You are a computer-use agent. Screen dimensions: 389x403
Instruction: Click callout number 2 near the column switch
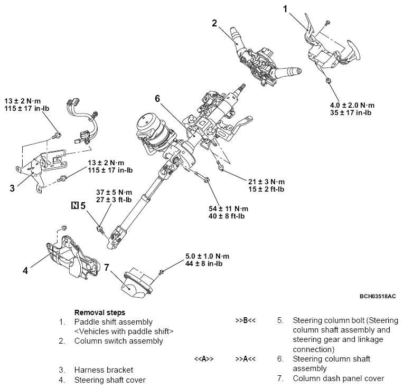pyautogui.click(x=214, y=23)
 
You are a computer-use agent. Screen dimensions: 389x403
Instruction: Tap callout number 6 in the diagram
pyautogui.click(x=157, y=98)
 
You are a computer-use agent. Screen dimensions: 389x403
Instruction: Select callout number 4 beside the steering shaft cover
pyautogui.click(x=25, y=270)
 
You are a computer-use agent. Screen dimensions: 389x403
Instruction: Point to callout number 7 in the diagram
pyautogui.click(x=106, y=268)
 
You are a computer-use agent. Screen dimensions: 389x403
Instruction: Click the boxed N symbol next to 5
pyautogui.click(x=74, y=205)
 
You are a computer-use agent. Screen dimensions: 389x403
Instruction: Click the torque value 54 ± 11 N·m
pyautogui.click(x=228, y=209)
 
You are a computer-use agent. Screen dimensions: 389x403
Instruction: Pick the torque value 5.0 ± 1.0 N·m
pyautogui.click(x=207, y=256)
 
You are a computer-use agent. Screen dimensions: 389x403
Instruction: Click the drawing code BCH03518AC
pyautogui.click(x=377, y=296)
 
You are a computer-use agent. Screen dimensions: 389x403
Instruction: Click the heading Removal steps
pyautogui.click(x=100, y=312)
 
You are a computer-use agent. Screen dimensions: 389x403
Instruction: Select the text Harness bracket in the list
pyautogui.click(x=104, y=369)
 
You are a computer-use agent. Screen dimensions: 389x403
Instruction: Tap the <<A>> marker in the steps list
pyautogui.click(x=203, y=359)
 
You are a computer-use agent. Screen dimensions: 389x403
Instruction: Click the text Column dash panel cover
pyautogui.click(x=338, y=378)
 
